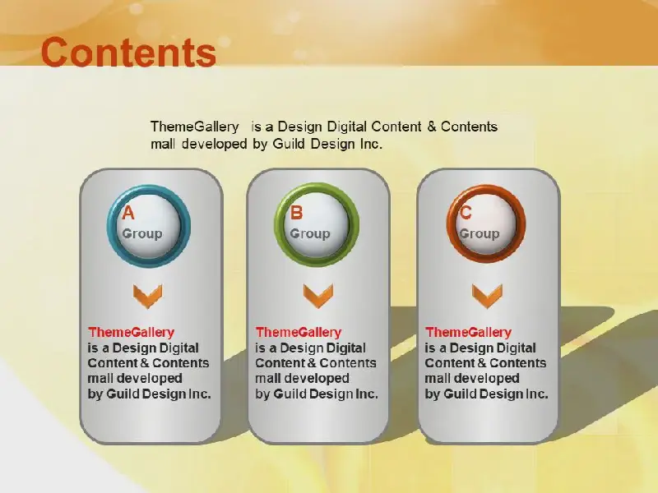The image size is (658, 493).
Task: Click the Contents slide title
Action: click(x=128, y=52)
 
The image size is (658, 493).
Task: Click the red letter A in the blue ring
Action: click(x=128, y=213)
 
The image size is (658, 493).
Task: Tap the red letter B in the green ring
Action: click(x=296, y=213)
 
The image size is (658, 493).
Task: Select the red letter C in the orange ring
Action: click(x=466, y=213)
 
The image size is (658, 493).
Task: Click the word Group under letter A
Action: click(x=142, y=234)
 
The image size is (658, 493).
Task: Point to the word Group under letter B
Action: click(x=310, y=234)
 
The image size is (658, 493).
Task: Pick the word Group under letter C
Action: click(x=480, y=234)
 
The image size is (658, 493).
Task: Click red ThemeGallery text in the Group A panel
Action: click(x=131, y=333)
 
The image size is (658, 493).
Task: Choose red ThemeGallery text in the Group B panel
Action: click(x=299, y=333)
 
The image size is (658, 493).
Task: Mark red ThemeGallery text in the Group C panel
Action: click(x=468, y=333)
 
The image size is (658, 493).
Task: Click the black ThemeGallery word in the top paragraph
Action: click(x=195, y=127)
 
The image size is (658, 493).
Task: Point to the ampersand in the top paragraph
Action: click(x=432, y=127)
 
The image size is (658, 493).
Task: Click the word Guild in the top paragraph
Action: click(x=290, y=144)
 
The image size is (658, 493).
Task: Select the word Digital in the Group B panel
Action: click(x=345, y=348)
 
